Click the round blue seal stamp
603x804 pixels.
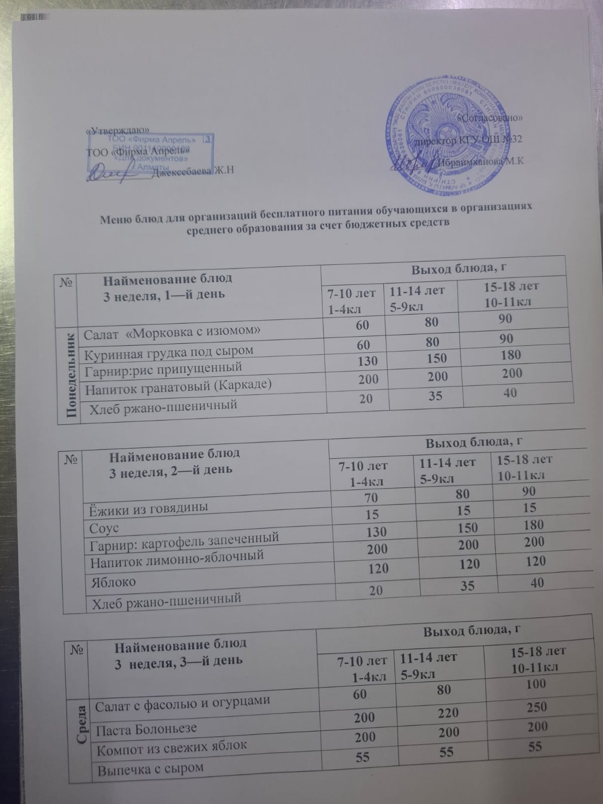coord(440,134)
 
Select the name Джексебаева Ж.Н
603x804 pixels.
coord(193,171)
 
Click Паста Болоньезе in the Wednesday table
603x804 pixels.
coord(146,728)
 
